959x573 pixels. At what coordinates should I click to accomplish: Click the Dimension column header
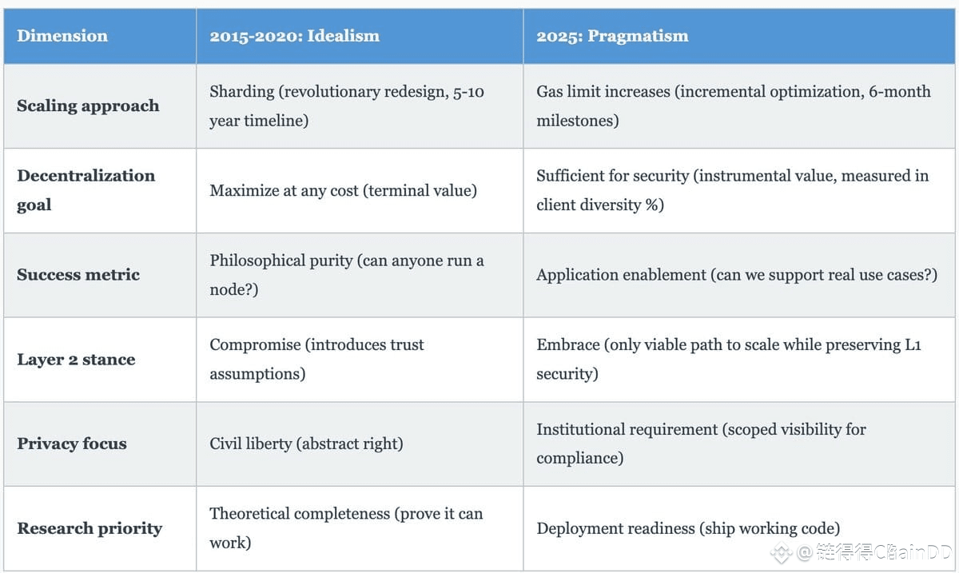pos(62,36)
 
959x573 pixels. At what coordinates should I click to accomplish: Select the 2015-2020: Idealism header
pos(294,36)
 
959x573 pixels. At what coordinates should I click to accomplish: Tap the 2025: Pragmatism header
pos(612,36)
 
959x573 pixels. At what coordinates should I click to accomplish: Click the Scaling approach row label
pos(88,105)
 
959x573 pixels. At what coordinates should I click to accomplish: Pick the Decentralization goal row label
pos(86,190)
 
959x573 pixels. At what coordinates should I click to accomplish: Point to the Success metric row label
pos(78,275)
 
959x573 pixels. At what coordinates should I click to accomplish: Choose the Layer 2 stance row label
pos(76,360)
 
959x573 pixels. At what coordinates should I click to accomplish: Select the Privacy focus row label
pos(72,444)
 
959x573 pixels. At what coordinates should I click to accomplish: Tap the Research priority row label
pos(90,528)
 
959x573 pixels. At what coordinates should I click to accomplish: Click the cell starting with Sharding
pos(347,105)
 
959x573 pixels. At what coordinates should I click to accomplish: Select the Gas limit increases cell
pos(733,105)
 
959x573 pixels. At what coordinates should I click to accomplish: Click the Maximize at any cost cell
pos(344,190)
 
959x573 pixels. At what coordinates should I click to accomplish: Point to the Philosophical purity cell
pos(347,275)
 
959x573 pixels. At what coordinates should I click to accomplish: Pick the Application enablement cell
pos(736,275)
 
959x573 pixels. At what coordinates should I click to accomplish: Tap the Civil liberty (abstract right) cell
pos(306,444)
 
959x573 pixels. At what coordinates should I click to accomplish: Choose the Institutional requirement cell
pos(701,444)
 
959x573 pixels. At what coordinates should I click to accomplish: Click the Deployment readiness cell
pos(688,528)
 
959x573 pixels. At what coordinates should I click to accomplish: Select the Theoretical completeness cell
pos(346,528)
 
